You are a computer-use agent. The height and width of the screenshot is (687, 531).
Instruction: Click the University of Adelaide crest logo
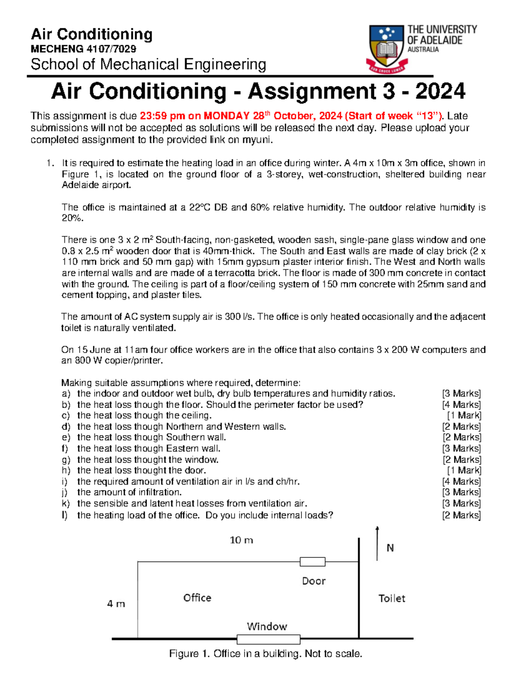[387, 48]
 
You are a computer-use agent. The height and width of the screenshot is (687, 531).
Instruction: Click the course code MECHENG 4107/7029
[83, 49]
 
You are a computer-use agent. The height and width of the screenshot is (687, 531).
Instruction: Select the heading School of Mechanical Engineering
[148, 65]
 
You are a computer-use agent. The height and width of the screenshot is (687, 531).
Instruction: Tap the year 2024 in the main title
[440, 92]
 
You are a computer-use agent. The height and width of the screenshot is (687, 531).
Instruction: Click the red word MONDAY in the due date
[226, 116]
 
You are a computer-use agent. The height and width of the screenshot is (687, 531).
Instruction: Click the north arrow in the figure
[377, 543]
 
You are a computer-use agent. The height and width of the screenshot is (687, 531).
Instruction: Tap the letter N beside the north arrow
[390, 548]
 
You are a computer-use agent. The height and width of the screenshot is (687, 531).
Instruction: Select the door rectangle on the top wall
[312, 562]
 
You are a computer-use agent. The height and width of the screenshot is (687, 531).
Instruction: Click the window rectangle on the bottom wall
[268, 639]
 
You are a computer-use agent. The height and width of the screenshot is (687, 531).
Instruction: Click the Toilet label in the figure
[392, 599]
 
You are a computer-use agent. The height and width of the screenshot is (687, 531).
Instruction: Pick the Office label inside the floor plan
[197, 598]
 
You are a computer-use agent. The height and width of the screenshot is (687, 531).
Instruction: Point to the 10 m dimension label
[241, 540]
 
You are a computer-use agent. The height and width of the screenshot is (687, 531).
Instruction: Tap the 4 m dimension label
[116, 603]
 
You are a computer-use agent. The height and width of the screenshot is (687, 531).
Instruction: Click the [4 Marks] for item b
[461, 405]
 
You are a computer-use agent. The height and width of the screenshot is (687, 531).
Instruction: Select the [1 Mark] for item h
[464, 470]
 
